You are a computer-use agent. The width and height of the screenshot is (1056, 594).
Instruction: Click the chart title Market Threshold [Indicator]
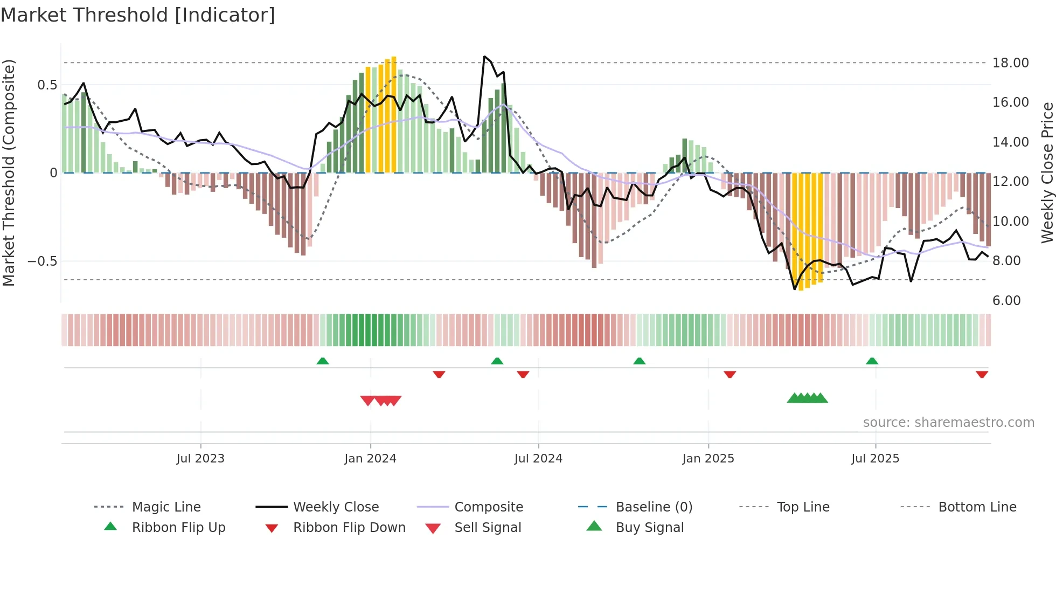click(138, 15)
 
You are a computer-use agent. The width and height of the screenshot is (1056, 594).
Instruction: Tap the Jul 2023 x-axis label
click(200, 458)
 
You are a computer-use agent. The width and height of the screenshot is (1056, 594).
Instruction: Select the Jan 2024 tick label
click(370, 458)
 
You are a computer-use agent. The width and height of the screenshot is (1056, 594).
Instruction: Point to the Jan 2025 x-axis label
click(708, 458)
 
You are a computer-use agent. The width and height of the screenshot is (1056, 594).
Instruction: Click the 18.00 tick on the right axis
click(1011, 63)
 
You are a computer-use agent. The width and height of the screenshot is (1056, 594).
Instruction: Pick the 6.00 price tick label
click(1006, 300)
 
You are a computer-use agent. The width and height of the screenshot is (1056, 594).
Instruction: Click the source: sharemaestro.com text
click(948, 422)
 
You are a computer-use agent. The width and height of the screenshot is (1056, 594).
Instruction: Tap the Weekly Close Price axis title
click(1047, 172)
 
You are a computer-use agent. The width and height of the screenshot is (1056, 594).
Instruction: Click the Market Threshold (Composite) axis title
click(9, 172)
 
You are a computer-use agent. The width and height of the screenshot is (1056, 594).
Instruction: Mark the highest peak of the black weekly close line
click(484, 56)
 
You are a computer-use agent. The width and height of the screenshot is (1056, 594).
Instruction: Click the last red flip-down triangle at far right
click(982, 374)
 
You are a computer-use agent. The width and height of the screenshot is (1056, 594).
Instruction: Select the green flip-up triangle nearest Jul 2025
click(872, 361)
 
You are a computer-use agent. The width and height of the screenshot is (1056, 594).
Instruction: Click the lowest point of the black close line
click(794, 289)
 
